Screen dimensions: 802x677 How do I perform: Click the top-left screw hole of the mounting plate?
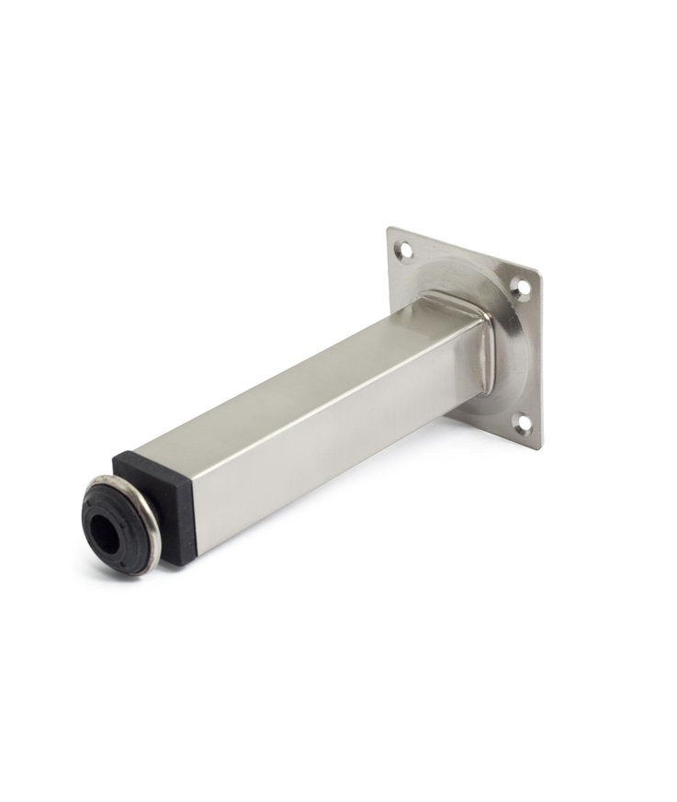[403, 249]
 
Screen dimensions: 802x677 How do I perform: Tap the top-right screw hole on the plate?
[521, 288]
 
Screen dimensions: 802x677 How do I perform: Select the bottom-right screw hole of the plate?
[522, 423]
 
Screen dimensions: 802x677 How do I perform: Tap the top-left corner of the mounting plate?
[389, 230]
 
